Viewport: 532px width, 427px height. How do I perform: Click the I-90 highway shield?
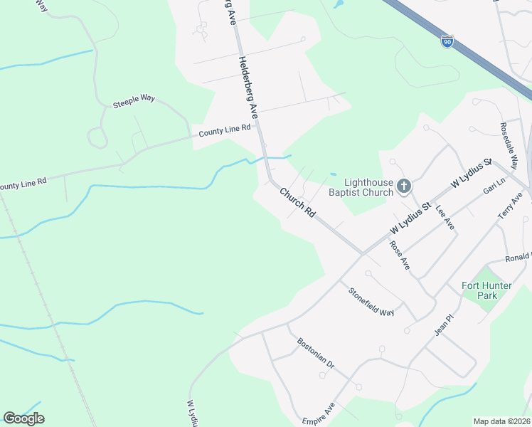447,42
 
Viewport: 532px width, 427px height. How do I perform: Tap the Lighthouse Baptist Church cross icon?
403,186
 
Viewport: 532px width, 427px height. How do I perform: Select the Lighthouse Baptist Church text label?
361,187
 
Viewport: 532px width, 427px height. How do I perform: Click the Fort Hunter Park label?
486,290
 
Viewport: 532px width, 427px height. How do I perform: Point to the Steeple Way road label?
134,102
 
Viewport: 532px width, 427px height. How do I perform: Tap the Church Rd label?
297,202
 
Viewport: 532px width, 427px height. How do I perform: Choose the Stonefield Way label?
371,302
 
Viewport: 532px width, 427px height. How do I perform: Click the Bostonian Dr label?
316,352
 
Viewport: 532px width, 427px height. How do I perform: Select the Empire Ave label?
318,413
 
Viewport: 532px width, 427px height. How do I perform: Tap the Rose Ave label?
400,255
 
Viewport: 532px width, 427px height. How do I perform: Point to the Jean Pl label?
444,327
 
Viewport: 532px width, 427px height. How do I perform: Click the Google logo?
23,418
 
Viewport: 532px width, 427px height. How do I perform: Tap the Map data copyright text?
502,421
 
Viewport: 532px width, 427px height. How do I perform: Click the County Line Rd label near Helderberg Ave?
225,130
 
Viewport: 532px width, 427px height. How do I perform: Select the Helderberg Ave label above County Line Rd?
248,86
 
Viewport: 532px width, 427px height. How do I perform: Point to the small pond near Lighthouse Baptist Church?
333,174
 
